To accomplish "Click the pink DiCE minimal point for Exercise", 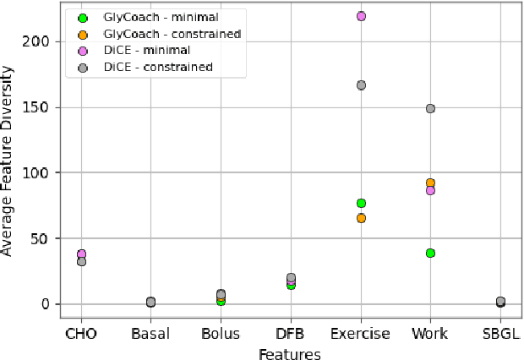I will (x=361, y=16).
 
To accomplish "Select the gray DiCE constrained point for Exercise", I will (x=361, y=85).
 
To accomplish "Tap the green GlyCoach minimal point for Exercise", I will (x=361, y=203).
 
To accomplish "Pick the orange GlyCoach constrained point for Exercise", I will (x=361, y=218).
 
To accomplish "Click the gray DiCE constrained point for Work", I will (x=430, y=108).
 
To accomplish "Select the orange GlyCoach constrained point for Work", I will (x=430, y=183).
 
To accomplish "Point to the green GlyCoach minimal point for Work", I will (x=430, y=253).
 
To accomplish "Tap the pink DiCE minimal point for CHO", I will (x=81, y=254).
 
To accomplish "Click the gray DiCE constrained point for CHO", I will (x=81, y=262).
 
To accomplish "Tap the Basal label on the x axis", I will (x=151, y=334).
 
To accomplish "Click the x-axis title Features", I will (x=290, y=354).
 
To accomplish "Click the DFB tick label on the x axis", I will (x=291, y=334).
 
